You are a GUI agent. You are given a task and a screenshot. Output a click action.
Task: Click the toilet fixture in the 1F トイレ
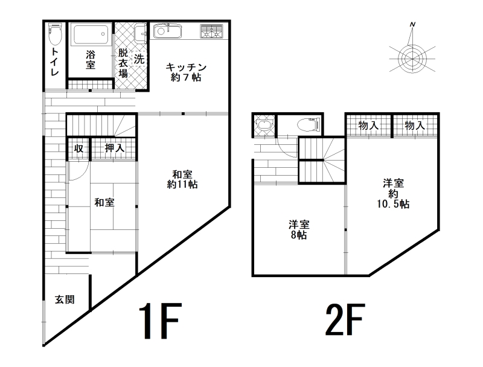55,33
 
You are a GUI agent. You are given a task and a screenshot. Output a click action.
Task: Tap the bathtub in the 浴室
91,35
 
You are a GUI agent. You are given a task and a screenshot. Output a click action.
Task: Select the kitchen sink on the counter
167,31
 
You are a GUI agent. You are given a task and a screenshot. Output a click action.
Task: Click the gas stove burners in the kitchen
211,31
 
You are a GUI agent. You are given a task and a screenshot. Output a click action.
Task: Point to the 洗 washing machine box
139,59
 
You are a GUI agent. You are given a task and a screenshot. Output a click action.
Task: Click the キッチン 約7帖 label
186,72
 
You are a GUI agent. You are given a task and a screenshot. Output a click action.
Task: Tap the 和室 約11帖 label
182,179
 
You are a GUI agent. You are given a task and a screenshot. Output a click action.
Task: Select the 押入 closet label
115,148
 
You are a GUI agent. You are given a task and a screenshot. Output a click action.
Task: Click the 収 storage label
79,148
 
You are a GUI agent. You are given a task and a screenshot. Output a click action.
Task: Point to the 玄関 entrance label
65,299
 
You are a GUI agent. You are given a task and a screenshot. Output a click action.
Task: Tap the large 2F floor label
345,319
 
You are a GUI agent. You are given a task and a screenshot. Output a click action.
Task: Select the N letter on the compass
412,25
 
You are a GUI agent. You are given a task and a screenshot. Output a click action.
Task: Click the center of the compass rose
412,58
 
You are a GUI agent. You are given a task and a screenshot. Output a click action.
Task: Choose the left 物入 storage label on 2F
368,126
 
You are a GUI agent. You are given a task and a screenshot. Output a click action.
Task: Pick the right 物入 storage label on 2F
415,126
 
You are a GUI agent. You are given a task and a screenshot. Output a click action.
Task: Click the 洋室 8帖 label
299,230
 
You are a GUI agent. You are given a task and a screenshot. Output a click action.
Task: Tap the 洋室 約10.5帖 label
394,194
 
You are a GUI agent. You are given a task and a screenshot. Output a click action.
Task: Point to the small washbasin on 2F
264,125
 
